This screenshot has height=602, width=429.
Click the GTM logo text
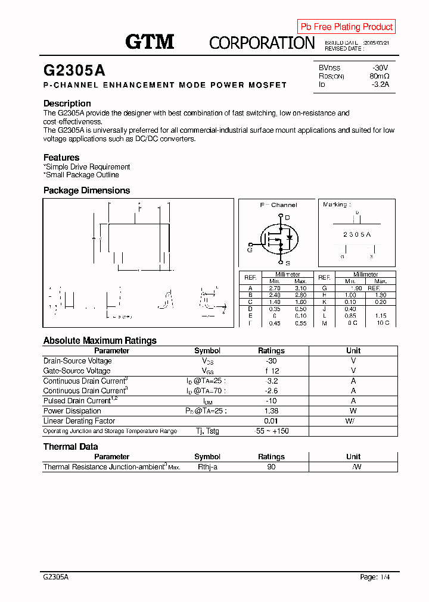[150, 42]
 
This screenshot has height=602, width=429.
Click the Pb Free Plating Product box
[346, 27]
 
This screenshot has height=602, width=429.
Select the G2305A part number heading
[74, 70]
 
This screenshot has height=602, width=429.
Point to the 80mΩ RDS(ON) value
[379, 76]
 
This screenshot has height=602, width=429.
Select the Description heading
[67, 104]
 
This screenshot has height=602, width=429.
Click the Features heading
[61, 158]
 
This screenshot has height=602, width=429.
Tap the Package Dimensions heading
[86, 190]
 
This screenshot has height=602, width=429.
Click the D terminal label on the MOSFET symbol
[287, 218]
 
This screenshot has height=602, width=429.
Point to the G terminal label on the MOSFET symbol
[250, 250]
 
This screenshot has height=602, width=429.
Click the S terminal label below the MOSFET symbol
[287, 262]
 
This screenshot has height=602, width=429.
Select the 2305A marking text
[357, 234]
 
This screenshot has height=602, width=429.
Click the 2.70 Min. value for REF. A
[275, 288]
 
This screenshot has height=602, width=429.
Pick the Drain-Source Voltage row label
[77, 361]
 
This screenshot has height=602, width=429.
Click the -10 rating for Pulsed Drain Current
[271, 401]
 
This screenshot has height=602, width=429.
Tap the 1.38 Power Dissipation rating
[271, 411]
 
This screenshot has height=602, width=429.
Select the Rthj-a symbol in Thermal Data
[207, 467]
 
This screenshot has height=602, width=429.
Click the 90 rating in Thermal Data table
[271, 467]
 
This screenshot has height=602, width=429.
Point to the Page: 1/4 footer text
[375, 577]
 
